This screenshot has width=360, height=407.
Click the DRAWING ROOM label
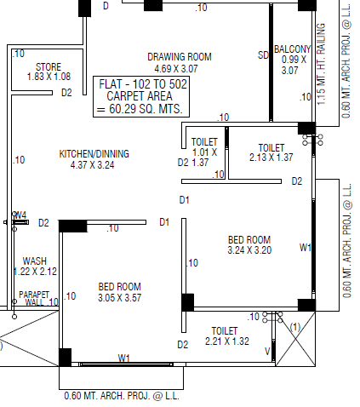click(180, 57)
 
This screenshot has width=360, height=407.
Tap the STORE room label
click(49, 67)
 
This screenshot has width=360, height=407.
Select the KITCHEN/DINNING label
click(94, 154)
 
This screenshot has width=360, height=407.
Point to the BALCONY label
click(292, 49)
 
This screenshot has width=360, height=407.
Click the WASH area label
click(35, 261)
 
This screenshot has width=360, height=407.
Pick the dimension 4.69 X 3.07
click(176, 69)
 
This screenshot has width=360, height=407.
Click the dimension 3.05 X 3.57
click(119, 298)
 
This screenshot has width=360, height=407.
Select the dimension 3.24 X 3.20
click(249, 250)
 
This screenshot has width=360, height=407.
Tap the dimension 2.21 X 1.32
click(227, 341)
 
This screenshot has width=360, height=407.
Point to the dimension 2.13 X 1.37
click(271, 158)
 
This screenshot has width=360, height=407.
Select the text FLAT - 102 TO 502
click(143, 84)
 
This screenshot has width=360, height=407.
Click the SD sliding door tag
click(263, 55)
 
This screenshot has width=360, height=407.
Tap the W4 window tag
click(20, 215)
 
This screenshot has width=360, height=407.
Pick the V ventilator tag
click(267, 352)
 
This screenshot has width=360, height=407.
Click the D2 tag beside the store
click(66, 93)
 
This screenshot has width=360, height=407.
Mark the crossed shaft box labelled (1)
click(295, 339)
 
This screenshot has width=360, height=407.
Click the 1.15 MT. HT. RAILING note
click(321, 64)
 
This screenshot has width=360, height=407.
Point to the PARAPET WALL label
click(38, 298)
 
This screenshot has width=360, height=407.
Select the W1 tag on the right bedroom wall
click(306, 248)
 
